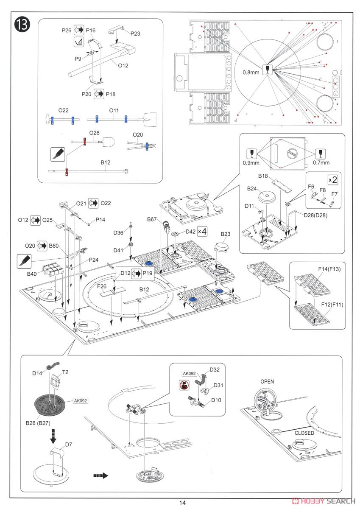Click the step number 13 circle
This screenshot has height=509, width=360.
[x=22, y=25]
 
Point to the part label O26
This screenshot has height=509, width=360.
[x=95, y=133]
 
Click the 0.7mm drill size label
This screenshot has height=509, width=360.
[x=321, y=162]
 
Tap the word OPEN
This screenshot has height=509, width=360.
[x=267, y=381]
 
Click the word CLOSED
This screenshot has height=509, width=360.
[x=304, y=433]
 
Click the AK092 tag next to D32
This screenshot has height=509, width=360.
[x=190, y=373]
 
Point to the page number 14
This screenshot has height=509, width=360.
[x=182, y=503]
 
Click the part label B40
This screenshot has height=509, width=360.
[x=32, y=274]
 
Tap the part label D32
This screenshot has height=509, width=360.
[x=214, y=370]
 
